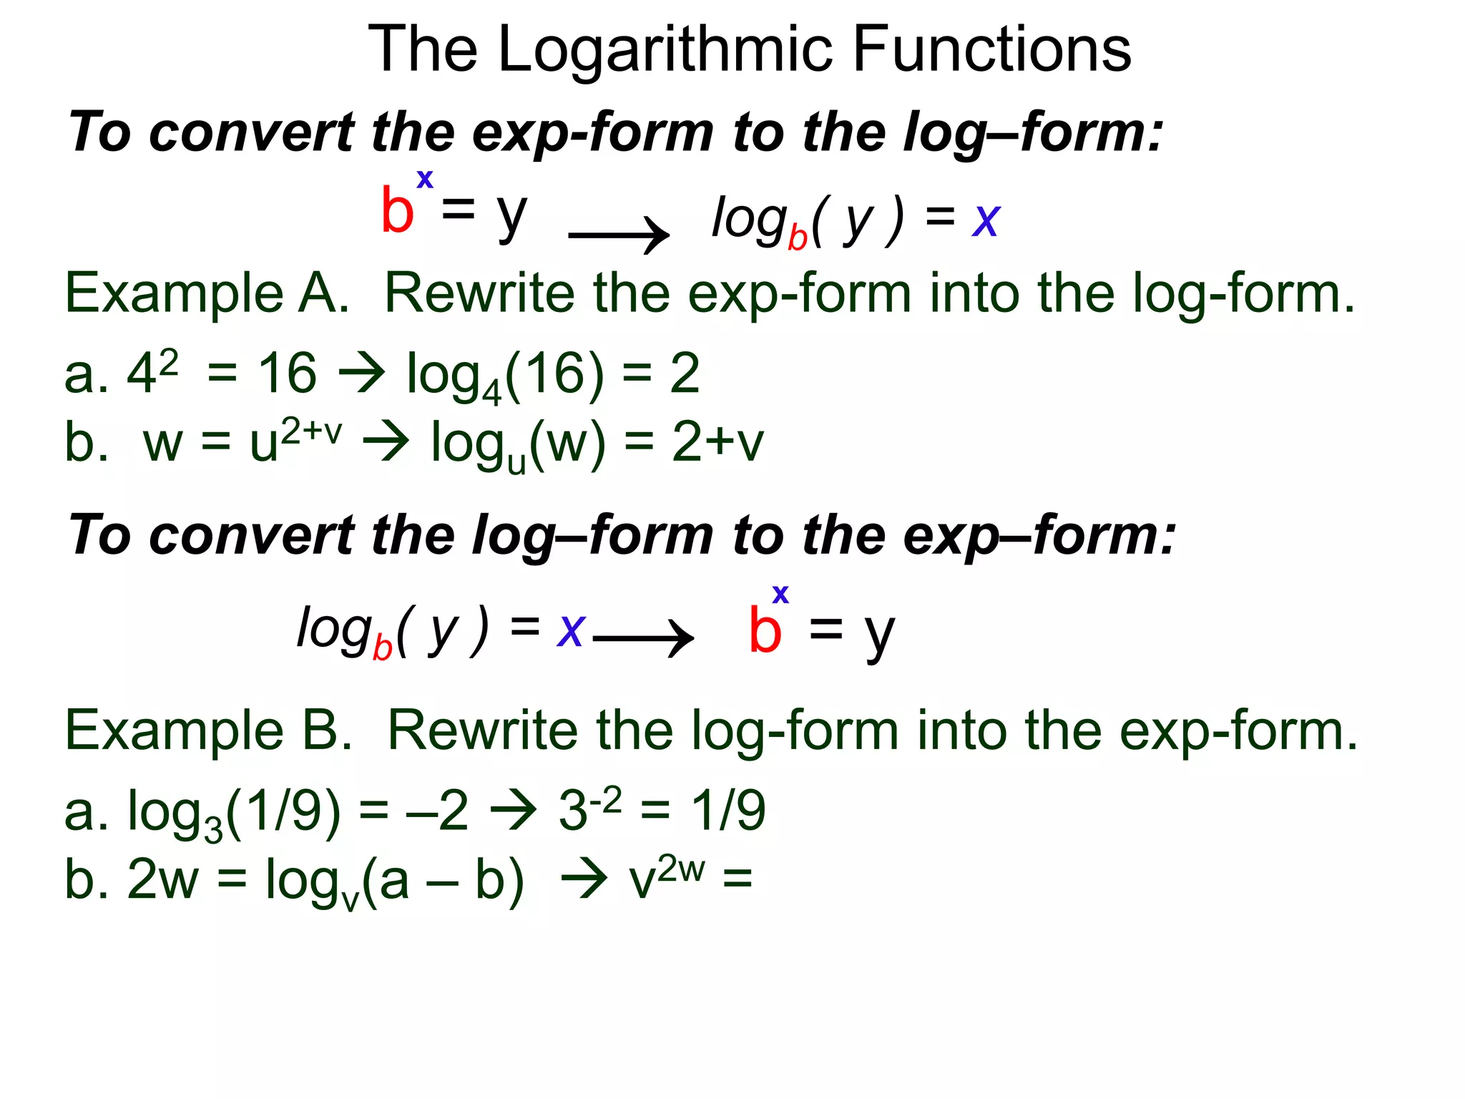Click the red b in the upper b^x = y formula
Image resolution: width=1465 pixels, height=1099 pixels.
click(398, 210)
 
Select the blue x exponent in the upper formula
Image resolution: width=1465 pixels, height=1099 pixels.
click(425, 178)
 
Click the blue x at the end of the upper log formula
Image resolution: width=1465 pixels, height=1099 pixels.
click(986, 220)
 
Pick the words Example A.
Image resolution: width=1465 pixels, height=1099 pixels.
click(207, 293)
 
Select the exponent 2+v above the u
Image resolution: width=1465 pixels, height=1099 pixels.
click(311, 432)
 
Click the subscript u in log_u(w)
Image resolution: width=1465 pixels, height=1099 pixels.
click(516, 463)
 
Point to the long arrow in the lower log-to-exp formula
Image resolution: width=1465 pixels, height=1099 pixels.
click(643, 637)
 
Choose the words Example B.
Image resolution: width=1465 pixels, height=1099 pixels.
click(208, 731)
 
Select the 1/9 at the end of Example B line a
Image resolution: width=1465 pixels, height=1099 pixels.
click(728, 811)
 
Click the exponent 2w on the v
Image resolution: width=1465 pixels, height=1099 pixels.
click(681, 869)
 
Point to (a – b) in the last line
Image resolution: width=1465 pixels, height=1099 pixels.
click(444, 880)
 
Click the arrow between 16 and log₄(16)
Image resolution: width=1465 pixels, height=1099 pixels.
click(362, 373)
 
